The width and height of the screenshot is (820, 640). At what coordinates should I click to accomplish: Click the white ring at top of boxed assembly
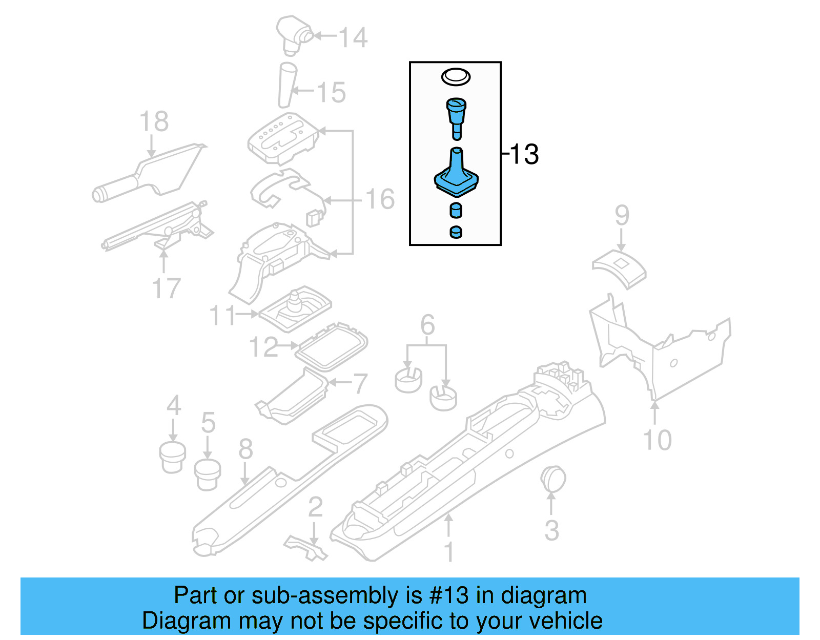coord(456,77)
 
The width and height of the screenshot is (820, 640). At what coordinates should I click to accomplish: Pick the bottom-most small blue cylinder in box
coord(456,232)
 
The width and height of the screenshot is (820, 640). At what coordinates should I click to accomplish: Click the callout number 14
coord(353,37)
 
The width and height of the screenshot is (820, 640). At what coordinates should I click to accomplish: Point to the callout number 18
coord(154,122)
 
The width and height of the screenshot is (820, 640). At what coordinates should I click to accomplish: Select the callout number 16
coord(380,199)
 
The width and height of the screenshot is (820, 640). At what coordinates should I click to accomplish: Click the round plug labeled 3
coord(552,480)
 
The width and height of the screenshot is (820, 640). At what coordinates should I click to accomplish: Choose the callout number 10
coord(657,440)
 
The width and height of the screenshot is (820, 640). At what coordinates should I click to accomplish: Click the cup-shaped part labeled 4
coord(173,457)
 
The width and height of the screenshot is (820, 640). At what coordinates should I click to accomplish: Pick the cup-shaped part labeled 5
coord(208,474)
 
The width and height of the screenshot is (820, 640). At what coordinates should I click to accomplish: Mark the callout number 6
coord(427,325)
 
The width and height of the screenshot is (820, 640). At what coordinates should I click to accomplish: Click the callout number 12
coord(263,347)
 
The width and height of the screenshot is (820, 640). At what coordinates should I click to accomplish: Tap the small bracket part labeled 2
coord(306,548)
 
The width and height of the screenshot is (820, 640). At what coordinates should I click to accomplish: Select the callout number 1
coord(449,552)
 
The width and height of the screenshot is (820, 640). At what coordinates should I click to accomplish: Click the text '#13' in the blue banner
coord(449,595)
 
